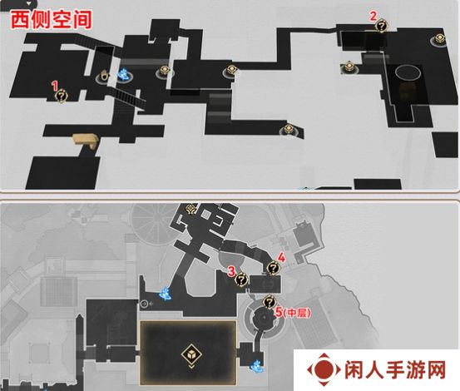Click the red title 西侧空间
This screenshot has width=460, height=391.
(52, 20)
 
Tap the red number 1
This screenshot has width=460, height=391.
(55, 86)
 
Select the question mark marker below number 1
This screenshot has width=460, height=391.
(62, 97)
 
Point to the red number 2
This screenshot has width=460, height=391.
(373, 16)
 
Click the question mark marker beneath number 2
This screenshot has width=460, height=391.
(382, 26)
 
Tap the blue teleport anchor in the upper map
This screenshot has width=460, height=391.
(124, 75)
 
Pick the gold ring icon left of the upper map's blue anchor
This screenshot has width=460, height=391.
(104, 76)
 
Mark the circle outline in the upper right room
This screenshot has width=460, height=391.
(408, 72)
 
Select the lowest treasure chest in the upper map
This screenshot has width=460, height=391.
(289, 129)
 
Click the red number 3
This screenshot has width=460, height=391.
(232, 271)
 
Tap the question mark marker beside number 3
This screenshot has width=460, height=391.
(242, 279)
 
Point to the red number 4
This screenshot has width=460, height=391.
(281, 258)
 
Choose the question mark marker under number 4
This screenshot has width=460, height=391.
(274, 268)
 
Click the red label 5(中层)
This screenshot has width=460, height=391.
(293, 313)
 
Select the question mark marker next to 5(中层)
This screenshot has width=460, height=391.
(269, 302)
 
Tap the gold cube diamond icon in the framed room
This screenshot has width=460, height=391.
(191, 354)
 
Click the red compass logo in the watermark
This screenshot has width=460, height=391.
(324, 369)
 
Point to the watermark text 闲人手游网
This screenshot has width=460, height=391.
(395, 370)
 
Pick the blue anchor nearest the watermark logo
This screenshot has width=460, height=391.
(256, 366)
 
